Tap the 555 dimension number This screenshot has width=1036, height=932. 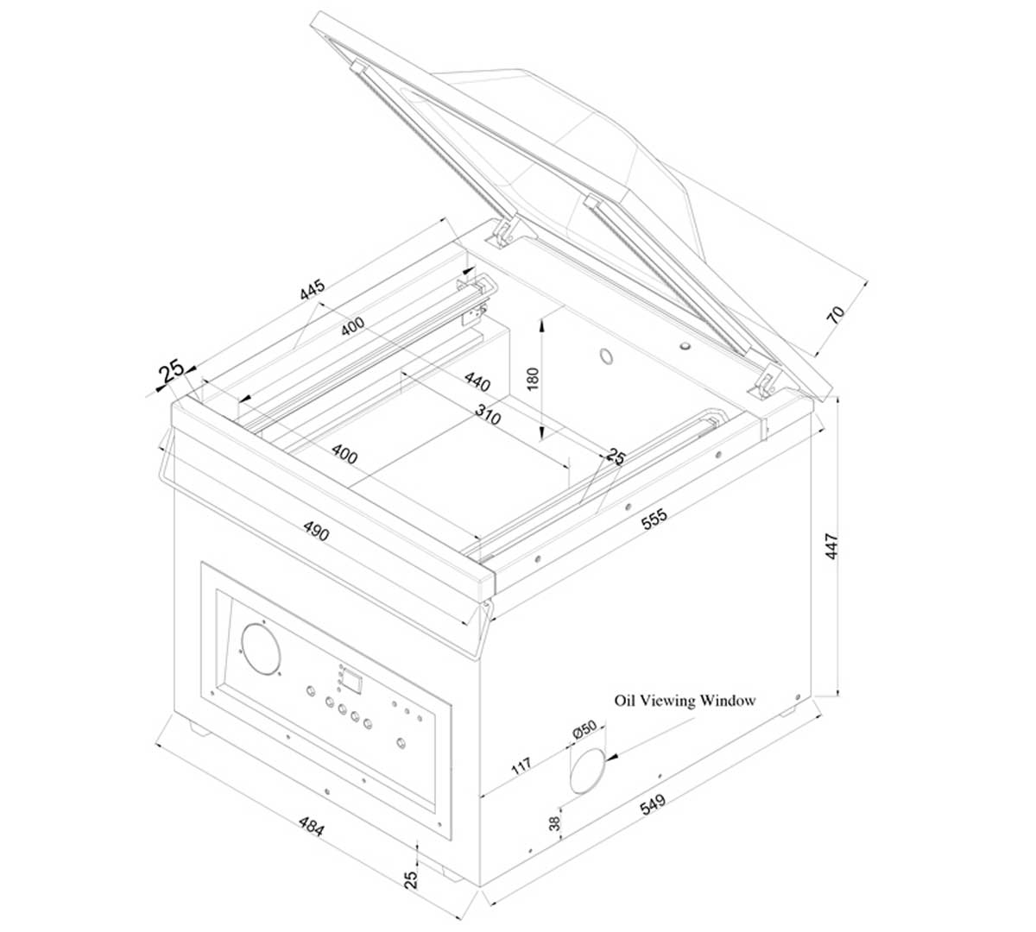tap(654, 520)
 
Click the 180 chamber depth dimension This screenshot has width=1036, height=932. tap(533, 379)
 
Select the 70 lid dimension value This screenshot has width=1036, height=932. tap(836, 314)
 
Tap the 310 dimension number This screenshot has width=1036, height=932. tap(488, 414)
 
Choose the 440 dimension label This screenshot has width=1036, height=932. tap(477, 381)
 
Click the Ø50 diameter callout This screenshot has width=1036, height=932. tap(584, 728)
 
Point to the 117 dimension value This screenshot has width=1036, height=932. tap(521, 765)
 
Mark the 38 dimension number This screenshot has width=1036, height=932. tap(555, 823)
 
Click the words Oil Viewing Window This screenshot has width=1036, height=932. tap(685, 701)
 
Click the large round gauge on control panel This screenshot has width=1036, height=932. tap(261, 650)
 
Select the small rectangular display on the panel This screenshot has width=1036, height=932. tap(353, 682)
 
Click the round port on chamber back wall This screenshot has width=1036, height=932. tap(606, 356)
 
